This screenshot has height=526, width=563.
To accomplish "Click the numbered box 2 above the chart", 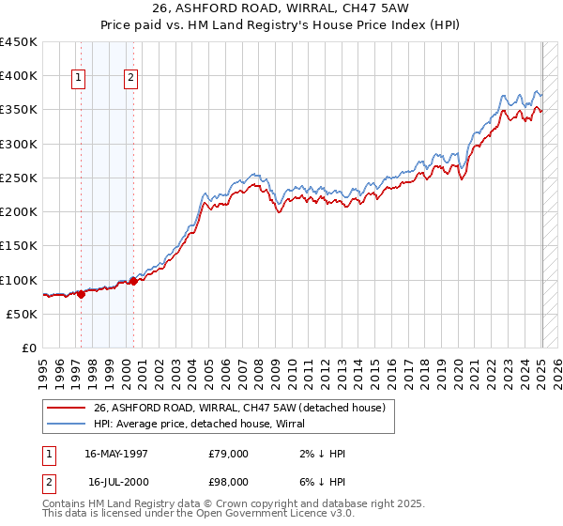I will (130, 78).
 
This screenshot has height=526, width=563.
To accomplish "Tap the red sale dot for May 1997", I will (81, 294).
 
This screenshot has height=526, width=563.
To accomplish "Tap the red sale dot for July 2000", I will (134, 281).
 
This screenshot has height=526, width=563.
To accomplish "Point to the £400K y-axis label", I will (19, 76).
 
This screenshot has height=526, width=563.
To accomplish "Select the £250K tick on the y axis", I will (19, 178).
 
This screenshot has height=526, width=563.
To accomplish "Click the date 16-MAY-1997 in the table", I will (116, 454).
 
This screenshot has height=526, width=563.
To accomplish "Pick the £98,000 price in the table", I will (229, 482).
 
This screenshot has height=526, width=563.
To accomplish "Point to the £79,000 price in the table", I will (229, 454).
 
